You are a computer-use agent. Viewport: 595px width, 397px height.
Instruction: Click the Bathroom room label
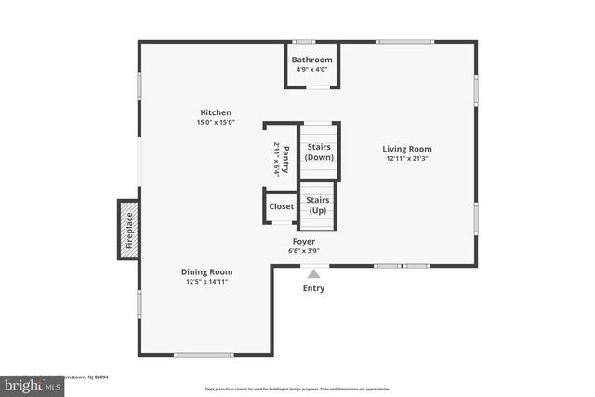pos(311,60)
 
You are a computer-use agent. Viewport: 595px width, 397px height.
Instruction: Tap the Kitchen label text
pos(215,112)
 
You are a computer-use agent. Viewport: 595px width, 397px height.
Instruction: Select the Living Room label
pos(407,149)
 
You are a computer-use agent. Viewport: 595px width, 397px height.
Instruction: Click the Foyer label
pos(304,241)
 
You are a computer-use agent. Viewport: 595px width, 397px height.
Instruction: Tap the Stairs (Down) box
pos(319,152)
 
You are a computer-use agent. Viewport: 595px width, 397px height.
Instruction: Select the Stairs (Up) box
pos(319,205)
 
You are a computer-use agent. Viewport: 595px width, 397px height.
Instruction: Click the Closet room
pos(281,206)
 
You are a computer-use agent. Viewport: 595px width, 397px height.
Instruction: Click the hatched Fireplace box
pos(127,229)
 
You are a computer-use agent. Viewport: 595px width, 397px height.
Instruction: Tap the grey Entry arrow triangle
pos(314,273)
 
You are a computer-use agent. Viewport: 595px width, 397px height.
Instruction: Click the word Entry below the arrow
pos(314,288)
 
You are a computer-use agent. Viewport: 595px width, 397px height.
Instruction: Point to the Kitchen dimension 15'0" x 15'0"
pos(215,123)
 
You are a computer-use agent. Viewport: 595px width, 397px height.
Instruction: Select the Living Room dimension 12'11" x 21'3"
pos(407,159)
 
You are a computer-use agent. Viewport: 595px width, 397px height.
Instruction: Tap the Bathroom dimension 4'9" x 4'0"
pos(311,69)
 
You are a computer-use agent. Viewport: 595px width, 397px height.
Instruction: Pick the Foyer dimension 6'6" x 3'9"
pos(304,250)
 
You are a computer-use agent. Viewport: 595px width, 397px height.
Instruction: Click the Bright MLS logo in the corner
pos(28,384)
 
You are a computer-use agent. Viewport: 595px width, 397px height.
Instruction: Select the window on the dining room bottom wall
pos(204,354)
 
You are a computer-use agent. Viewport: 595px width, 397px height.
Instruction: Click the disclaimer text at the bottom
pos(297,389)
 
